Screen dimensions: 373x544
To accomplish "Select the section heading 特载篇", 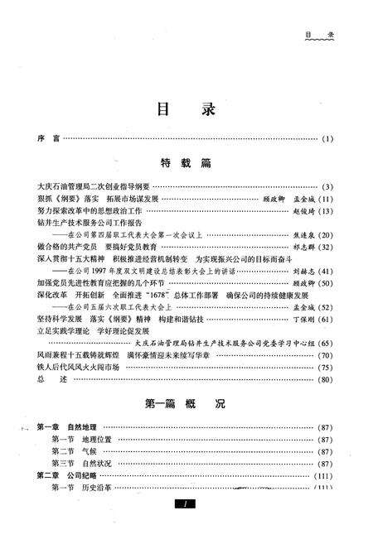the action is click(x=186, y=163).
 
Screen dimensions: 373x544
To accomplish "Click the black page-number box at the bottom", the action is click(x=187, y=504).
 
